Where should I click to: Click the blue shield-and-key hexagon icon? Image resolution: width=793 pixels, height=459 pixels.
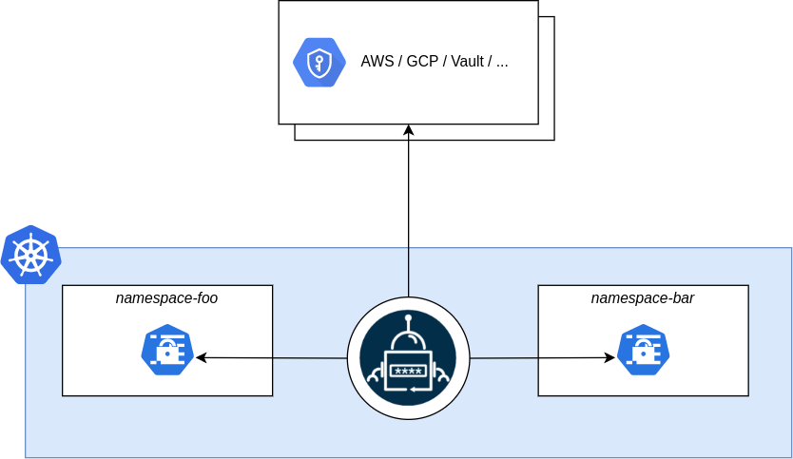pyautogui.click(x=319, y=63)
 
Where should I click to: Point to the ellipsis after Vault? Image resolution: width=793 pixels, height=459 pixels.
pyautogui.click(x=502, y=64)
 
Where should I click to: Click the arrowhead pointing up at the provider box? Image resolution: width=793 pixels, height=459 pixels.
pyautogui.click(x=409, y=129)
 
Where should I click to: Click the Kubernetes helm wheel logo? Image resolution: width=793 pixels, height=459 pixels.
pyautogui.click(x=30, y=256)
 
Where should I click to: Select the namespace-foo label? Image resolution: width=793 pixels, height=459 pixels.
pyautogui.click(x=166, y=297)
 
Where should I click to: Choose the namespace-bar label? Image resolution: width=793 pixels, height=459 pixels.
pyautogui.click(x=642, y=297)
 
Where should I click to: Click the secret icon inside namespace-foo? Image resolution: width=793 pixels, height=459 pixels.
pyautogui.click(x=167, y=350)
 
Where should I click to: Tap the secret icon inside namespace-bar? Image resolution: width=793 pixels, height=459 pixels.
pyautogui.click(x=643, y=350)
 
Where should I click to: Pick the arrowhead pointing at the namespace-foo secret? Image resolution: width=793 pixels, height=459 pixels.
pyautogui.click(x=201, y=357)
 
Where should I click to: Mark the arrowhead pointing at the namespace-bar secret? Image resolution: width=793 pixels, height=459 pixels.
pyautogui.click(x=609, y=357)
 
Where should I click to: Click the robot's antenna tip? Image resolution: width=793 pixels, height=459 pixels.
pyautogui.click(x=409, y=318)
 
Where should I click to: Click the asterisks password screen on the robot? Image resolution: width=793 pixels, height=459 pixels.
pyautogui.click(x=408, y=370)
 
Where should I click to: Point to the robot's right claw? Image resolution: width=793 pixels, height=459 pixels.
pyautogui.click(x=444, y=377)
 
